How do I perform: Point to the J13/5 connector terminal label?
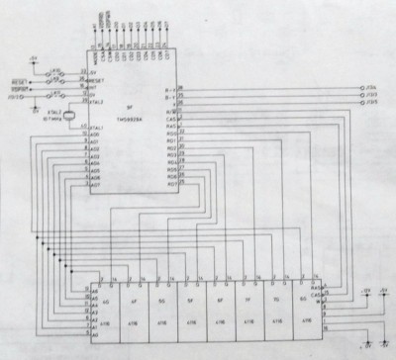[374, 102]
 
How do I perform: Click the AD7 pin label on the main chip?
[96, 183]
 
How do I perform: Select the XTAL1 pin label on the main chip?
[97, 128]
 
